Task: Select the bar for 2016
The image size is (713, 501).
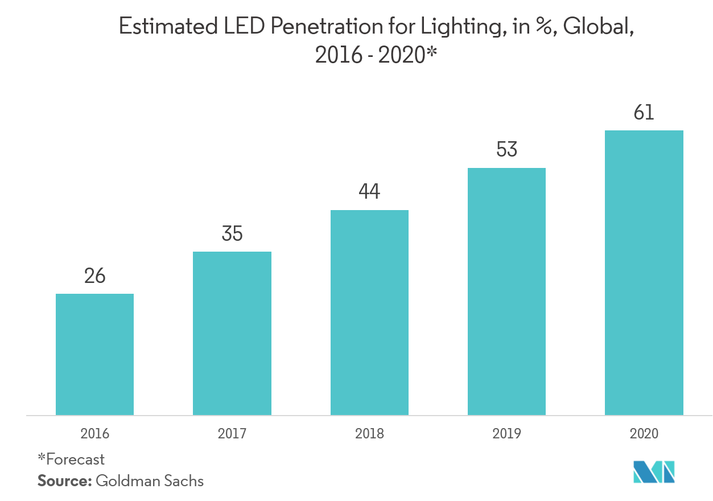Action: click(x=94, y=354)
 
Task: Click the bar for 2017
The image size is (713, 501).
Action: click(x=232, y=333)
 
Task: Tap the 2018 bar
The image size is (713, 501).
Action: click(x=369, y=313)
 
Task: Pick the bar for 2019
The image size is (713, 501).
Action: click(x=506, y=291)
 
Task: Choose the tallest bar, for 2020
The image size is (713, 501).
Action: click(x=644, y=273)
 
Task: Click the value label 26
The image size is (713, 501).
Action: click(x=94, y=276)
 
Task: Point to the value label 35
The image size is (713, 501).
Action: click(x=232, y=234)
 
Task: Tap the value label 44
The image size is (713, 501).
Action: click(x=369, y=192)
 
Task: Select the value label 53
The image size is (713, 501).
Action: click(x=506, y=150)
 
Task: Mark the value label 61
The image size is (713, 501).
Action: click(x=644, y=113)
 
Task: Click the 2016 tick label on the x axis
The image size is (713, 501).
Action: click(x=94, y=434)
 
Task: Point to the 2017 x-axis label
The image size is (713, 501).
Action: click(x=232, y=434)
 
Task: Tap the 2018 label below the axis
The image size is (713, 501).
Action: click(x=369, y=434)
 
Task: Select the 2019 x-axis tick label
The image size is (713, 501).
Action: click(x=506, y=434)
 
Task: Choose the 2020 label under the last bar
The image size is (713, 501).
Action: click(x=644, y=434)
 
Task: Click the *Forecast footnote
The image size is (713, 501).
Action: click(x=71, y=459)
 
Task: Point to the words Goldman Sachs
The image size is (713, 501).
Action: click(x=150, y=481)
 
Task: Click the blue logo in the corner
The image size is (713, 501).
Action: click(x=654, y=471)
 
